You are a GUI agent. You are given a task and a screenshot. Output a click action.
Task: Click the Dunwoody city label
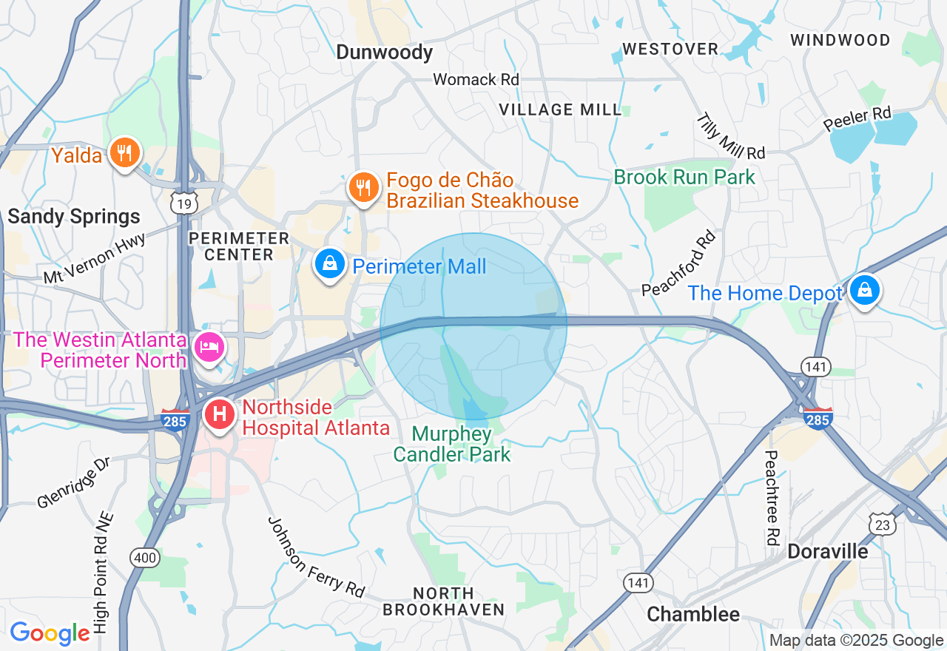click(384, 52)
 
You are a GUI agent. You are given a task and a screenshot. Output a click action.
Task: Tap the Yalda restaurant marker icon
click(124, 153)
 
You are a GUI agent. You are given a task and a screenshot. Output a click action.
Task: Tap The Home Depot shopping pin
click(863, 291)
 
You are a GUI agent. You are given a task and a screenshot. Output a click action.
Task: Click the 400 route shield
click(144, 557)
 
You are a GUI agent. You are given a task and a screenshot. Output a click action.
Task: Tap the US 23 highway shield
click(883, 524)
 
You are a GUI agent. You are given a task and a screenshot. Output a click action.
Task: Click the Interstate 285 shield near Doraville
click(818, 419)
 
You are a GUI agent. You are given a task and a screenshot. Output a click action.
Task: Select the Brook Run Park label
click(684, 177)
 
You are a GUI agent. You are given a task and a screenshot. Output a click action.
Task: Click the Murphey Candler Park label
click(451, 444)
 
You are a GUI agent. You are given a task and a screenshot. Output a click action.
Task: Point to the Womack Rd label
click(476, 79)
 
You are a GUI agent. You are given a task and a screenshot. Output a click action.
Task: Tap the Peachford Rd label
click(679, 263)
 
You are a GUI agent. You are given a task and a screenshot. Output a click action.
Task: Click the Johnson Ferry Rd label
click(316, 557)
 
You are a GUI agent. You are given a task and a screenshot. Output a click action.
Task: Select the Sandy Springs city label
click(73, 217)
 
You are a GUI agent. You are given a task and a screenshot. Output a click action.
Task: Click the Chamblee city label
click(692, 614)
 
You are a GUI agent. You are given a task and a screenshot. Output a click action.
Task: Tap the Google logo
click(50, 633)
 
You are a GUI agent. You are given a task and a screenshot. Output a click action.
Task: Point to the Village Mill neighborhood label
click(560, 109)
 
